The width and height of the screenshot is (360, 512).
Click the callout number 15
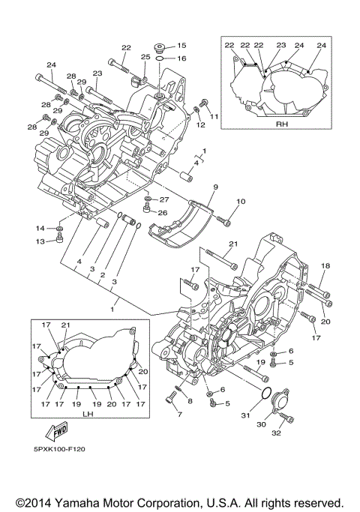click(181, 46)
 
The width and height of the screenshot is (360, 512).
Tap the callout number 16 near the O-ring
click(181, 58)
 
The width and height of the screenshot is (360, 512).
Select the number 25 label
click(145, 57)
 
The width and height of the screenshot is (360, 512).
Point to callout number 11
click(215, 117)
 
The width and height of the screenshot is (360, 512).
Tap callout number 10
click(241, 202)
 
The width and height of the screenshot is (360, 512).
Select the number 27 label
click(164, 200)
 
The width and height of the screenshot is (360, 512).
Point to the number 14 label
click(40, 227)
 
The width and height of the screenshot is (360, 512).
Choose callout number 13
click(40, 241)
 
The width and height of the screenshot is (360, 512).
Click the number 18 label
click(325, 266)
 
